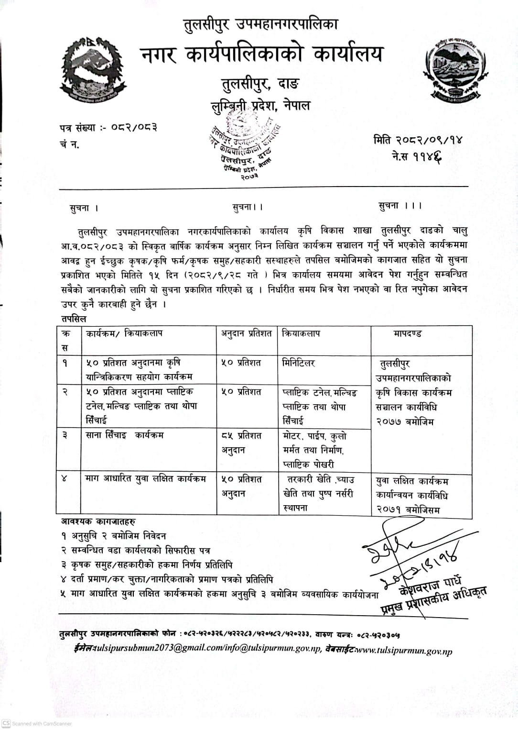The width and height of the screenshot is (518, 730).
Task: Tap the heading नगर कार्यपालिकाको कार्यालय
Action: [x=261, y=55]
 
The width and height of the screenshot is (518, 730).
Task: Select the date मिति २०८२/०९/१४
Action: [x=418, y=140]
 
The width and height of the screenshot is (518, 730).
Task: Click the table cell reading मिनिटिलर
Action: [x=299, y=363]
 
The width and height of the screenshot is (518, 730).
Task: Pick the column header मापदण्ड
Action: [x=408, y=333]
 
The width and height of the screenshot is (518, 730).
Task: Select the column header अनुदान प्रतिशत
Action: [x=246, y=333]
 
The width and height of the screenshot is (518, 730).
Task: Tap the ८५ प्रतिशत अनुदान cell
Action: [x=242, y=442]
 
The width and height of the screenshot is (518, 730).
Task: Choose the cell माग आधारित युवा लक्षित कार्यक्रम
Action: [x=146, y=478]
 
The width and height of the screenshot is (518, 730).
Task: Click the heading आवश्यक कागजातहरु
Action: [x=98, y=521]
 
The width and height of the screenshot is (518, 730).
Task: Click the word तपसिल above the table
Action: [x=74, y=319]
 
